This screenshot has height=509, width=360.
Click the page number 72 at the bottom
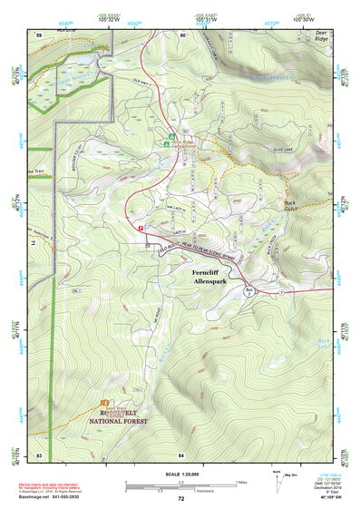pyautogui.click(x=180, y=498)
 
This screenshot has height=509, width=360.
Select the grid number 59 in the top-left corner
pyautogui.click(x=39, y=34)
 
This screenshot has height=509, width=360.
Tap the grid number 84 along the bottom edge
pyautogui.click(x=181, y=453)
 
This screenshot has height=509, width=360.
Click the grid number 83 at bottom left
pyautogui.click(x=39, y=453)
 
